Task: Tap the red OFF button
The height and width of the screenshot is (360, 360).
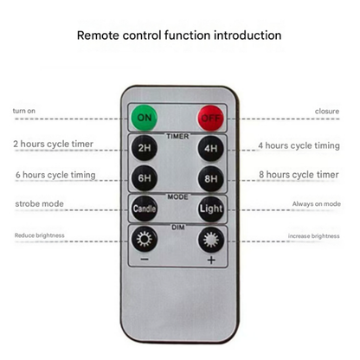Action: click(x=210, y=118)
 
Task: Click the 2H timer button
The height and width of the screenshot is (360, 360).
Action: click(x=145, y=148)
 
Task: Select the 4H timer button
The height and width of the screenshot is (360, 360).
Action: click(x=211, y=148)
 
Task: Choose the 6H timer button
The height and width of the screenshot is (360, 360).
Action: click(x=145, y=178)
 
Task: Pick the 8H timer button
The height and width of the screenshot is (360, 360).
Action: click(x=211, y=178)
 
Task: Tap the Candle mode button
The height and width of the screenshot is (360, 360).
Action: click(x=145, y=209)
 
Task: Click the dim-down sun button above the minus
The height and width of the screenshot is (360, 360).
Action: click(x=145, y=239)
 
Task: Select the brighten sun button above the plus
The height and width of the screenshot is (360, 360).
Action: click(x=211, y=240)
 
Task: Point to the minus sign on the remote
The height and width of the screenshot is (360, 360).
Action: click(x=145, y=260)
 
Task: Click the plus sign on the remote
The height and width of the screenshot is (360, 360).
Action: click(x=211, y=260)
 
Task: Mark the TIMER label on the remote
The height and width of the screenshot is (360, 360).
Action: click(x=177, y=136)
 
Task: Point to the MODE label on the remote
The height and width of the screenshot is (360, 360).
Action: click(x=177, y=196)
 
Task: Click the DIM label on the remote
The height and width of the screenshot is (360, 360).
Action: click(x=178, y=228)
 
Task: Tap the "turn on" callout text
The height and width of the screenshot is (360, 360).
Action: click(x=24, y=111)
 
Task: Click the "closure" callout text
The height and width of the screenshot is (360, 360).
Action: click(x=327, y=111)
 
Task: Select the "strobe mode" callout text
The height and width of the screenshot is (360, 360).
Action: click(x=39, y=203)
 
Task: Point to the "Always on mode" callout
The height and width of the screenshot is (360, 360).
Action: click(x=317, y=204)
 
